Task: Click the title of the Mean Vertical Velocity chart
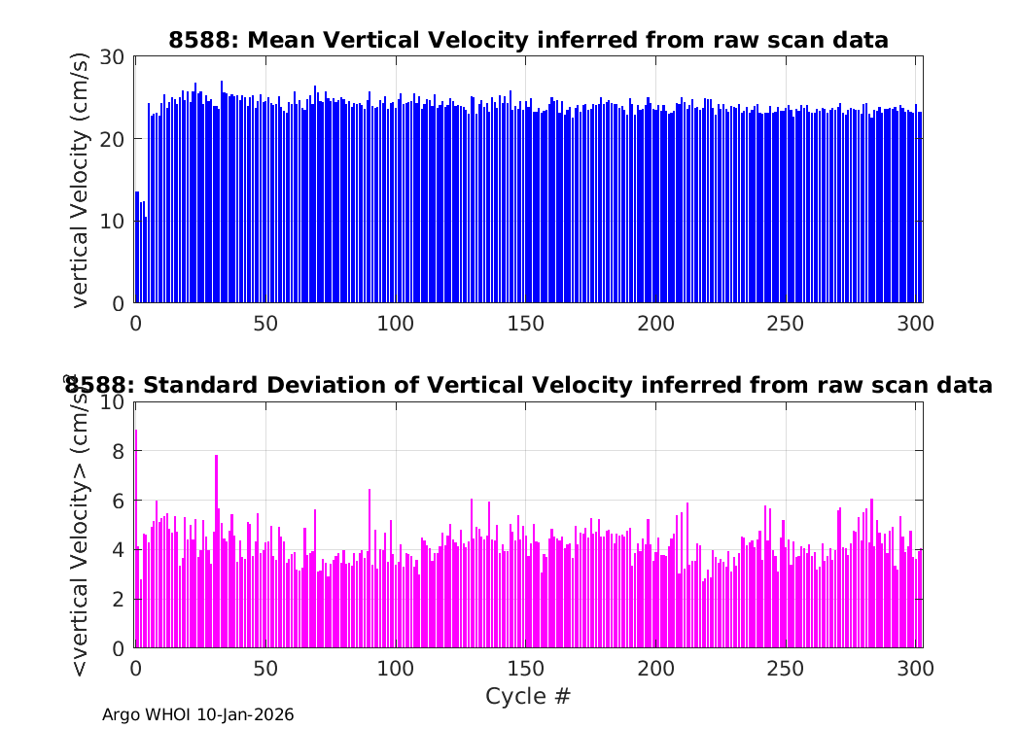click(x=528, y=41)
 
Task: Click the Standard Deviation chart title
click(x=528, y=385)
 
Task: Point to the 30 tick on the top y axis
click(x=112, y=57)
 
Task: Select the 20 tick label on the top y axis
click(x=112, y=139)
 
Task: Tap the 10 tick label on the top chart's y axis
click(x=112, y=222)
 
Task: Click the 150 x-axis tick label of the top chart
click(x=525, y=324)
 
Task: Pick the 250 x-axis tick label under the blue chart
click(x=786, y=324)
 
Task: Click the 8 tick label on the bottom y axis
click(x=118, y=451)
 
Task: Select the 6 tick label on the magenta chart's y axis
click(x=118, y=501)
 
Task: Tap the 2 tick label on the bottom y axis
click(x=118, y=599)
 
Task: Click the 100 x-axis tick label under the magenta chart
click(x=395, y=669)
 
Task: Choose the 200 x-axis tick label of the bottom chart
click(x=655, y=669)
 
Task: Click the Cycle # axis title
click(x=528, y=696)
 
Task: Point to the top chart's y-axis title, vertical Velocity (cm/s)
click(x=79, y=180)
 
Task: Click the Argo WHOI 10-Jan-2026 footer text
click(x=198, y=714)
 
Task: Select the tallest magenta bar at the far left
click(x=136, y=538)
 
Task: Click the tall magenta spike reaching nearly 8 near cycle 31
click(x=216, y=551)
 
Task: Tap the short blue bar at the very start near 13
click(x=137, y=247)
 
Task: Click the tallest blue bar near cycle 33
click(x=222, y=192)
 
